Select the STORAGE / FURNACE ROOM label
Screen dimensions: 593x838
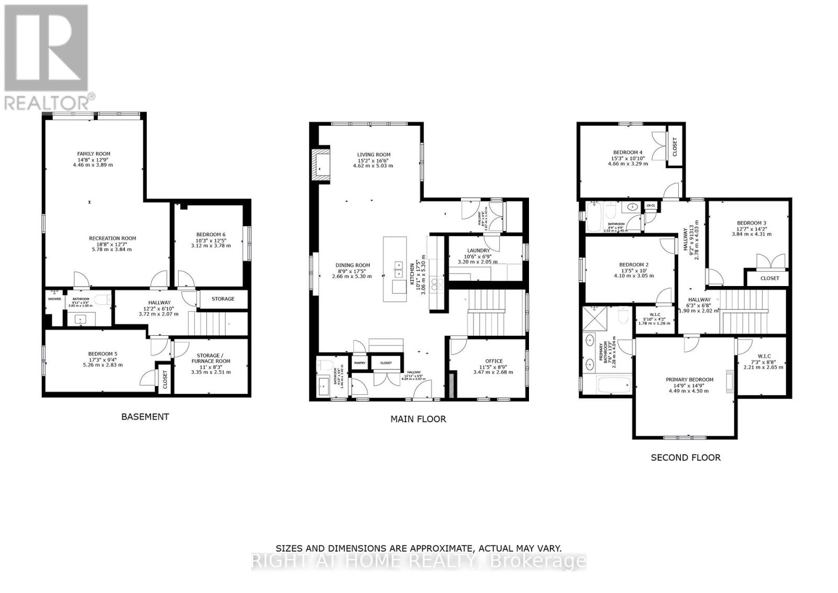[x=211, y=358]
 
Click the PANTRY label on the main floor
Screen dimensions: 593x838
[x=359, y=363]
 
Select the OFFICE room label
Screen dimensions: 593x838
[x=493, y=361]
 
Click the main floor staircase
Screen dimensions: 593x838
[x=487, y=313]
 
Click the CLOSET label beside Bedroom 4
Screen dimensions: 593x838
[x=675, y=147]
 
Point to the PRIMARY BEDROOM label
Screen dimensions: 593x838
[x=689, y=380]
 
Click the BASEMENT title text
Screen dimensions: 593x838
[x=145, y=417]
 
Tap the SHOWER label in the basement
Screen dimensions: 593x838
[x=54, y=299]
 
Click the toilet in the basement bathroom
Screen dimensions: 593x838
[x=104, y=300]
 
